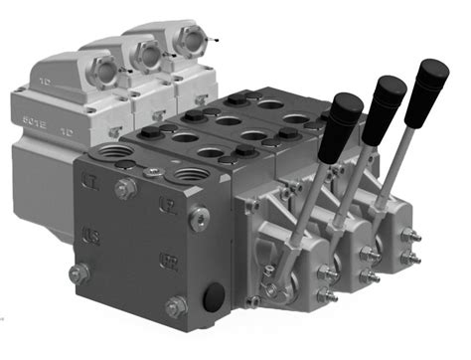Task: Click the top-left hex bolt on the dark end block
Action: click(121, 188)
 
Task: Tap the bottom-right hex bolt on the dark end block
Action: click(177, 305)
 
